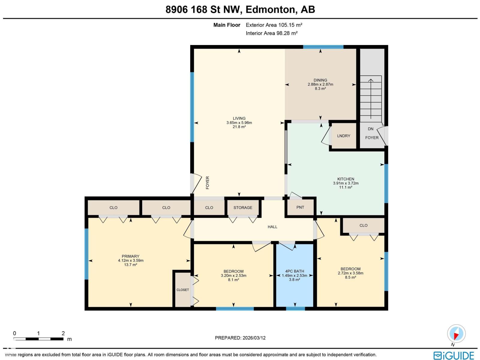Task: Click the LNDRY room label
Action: point(343,136)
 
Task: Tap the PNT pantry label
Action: point(300,207)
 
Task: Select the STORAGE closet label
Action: point(243,208)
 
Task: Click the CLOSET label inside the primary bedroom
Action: point(183,290)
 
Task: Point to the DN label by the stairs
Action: point(370,129)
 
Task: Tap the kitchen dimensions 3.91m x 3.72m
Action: point(346,183)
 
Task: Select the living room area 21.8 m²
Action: point(239,127)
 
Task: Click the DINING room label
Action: point(320,80)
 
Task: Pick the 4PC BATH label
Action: point(295,271)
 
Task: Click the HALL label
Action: point(272,227)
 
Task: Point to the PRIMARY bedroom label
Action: point(130,256)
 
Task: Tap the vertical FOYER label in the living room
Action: point(207,182)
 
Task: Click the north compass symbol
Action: point(456,334)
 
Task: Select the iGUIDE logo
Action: point(454,355)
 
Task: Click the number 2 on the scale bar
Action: point(63,333)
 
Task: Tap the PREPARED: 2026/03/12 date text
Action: point(240,338)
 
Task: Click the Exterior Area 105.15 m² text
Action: point(274,25)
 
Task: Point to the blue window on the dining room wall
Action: point(323,47)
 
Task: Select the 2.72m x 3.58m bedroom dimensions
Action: point(350,273)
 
